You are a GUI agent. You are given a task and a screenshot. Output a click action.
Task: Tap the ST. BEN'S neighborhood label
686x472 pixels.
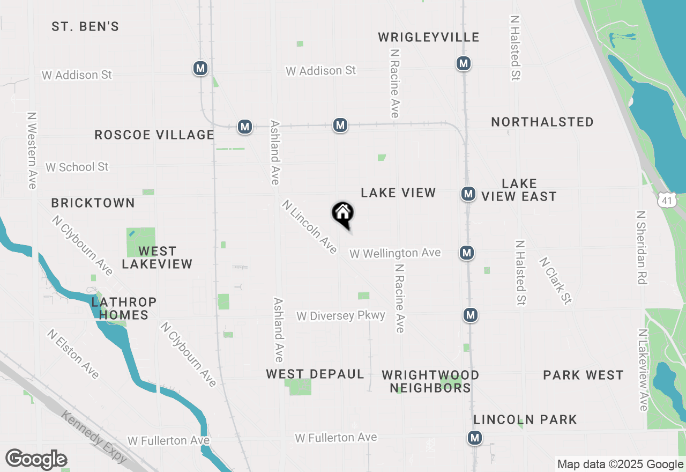coord(85,26)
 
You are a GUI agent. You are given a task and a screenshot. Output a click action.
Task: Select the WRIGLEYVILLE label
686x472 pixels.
coord(428,37)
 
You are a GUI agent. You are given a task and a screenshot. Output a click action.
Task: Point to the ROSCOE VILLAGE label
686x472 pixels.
coord(154,135)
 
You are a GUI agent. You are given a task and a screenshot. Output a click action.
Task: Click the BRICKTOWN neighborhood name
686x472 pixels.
coord(93,203)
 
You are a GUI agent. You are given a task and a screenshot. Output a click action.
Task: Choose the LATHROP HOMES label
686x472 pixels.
coord(123,308)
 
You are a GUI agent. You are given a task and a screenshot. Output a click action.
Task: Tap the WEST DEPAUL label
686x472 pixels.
coord(315,374)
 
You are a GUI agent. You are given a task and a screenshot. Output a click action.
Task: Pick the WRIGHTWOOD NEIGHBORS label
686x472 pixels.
coord(430,381)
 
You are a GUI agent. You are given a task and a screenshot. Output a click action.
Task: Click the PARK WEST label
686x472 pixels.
coord(583,375)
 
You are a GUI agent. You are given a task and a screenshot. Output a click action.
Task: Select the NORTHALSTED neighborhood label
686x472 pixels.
coord(542,122)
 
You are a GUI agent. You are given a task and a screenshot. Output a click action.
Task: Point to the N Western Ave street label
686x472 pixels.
coord(32,150)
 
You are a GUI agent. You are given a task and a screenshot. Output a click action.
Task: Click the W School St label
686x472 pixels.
coord(77,167)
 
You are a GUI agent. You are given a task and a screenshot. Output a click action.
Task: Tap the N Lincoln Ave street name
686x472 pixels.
coord(310,227)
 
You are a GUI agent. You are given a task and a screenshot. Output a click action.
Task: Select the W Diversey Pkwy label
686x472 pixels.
coord(341,315)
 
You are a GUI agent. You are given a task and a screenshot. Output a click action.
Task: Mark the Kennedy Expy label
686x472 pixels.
coord(94,437)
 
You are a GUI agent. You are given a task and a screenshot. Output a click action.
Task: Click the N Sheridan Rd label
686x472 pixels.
coord(640,246)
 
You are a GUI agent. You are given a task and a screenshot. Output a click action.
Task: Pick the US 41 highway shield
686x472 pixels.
coord(666,200)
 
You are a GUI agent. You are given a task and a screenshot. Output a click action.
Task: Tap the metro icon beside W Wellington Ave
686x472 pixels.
coord(467,252)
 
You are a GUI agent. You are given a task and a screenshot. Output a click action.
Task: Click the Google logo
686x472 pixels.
coord(36,460)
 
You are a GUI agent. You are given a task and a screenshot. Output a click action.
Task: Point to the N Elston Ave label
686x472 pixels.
coord(73,353)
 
